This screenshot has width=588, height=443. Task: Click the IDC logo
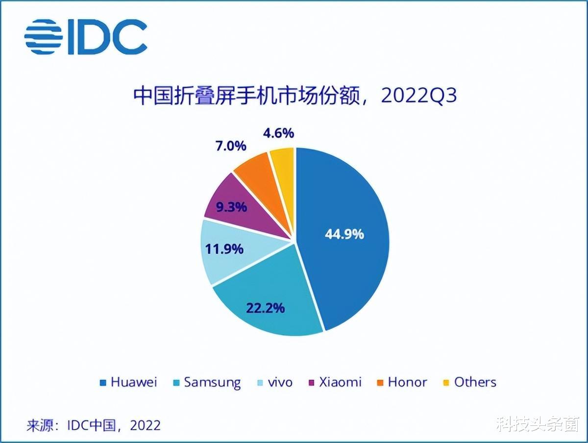click(x=86, y=37)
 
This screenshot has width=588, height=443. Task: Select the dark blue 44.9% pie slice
click(x=343, y=206)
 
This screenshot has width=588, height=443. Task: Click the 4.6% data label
click(x=278, y=133)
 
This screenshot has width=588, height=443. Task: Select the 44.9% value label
click(x=344, y=234)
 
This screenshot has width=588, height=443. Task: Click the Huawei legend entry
click(x=128, y=382)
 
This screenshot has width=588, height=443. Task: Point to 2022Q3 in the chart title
click(x=418, y=96)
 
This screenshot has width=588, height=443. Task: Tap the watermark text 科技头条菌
click(x=538, y=424)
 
